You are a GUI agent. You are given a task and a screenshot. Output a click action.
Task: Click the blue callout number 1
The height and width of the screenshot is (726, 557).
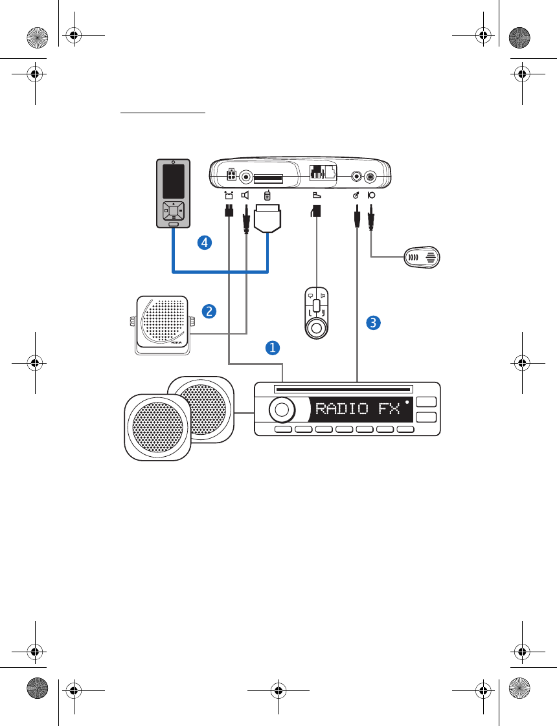[x=273, y=347]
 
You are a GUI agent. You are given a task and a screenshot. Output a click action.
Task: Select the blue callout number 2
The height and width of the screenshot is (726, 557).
[x=209, y=311]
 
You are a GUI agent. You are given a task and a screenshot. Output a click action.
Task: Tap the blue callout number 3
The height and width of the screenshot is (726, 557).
[x=372, y=322]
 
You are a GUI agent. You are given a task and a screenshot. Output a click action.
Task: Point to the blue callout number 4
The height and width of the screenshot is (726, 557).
[x=205, y=243]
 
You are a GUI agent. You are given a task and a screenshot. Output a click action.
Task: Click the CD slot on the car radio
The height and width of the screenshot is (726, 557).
[x=343, y=390]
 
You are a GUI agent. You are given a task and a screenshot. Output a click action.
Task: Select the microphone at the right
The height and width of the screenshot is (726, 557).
[x=422, y=257]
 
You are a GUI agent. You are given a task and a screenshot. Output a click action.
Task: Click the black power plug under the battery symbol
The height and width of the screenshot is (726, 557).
[x=229, y=210]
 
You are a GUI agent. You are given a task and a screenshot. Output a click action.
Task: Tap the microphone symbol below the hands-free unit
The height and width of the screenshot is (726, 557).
[x=372, y=195]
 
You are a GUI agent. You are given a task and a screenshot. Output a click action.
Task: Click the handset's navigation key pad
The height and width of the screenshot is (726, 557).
[x=172, y=210]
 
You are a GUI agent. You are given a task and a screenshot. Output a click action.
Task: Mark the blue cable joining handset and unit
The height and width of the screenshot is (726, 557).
[x=220, y=270]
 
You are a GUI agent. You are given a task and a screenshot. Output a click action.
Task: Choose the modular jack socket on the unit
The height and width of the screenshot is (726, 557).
[x=317, y=173]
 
